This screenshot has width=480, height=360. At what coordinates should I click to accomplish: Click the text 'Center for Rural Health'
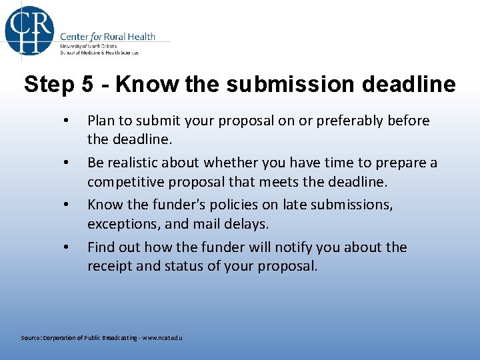pos(107,36)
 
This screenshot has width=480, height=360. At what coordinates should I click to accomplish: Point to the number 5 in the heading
pos(87,85)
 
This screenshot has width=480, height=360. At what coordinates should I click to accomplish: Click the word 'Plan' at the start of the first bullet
pos(101,121)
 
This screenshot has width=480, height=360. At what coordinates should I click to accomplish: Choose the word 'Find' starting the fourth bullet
pos(101,247)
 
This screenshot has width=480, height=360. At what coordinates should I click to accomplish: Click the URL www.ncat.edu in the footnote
pos(160,338)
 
